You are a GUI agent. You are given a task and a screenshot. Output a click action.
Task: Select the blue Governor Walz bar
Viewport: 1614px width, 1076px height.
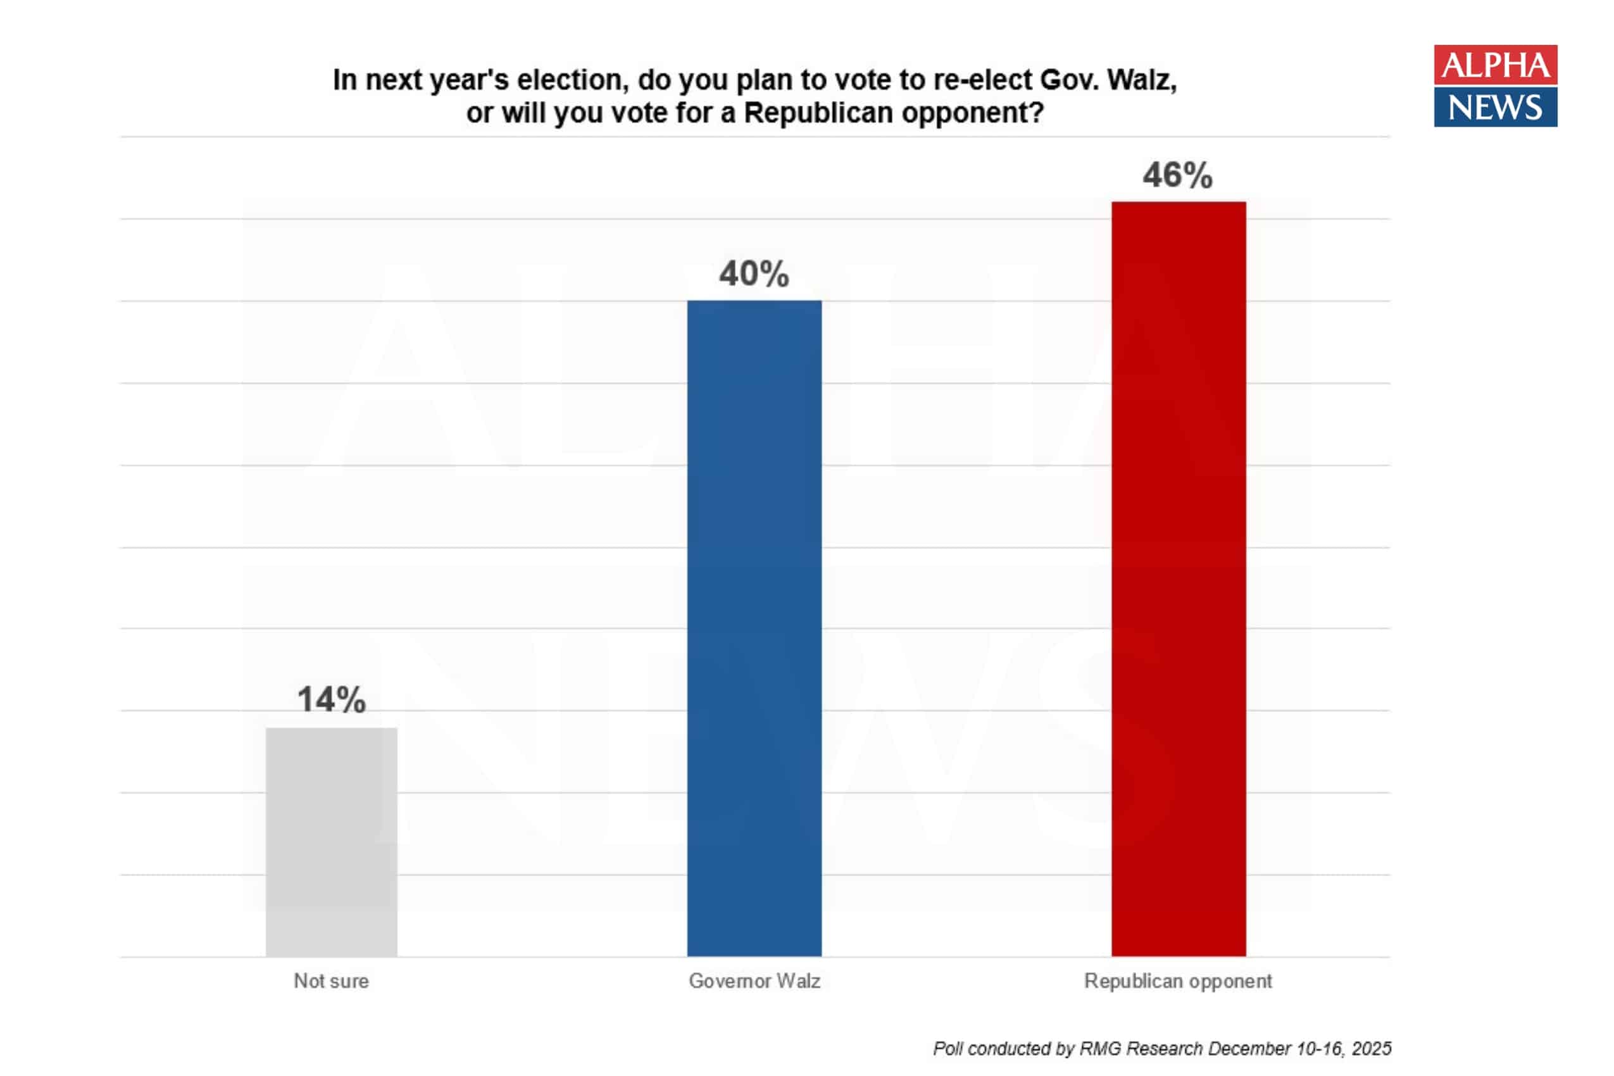point(754,628)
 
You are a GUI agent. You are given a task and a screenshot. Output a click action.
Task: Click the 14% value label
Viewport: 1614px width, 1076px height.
point(332,700)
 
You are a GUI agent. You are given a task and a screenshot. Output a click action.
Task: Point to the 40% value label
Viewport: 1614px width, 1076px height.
point(754,274)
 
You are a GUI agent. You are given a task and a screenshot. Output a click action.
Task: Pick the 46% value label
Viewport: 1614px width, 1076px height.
point(1177,175)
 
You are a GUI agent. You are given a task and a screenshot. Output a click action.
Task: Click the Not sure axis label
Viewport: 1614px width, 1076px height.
point(332,981)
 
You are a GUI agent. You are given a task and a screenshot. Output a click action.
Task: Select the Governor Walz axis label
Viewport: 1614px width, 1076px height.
point(754,981)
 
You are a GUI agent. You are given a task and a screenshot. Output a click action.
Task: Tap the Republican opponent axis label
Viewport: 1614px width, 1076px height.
point(1177,981)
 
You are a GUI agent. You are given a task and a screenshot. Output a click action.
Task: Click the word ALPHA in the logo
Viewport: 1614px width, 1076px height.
point(1495,65)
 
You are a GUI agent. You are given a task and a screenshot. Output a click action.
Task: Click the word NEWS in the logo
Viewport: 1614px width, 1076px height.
point(1495,108)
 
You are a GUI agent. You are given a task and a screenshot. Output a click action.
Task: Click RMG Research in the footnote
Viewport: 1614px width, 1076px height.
point(1141,1049)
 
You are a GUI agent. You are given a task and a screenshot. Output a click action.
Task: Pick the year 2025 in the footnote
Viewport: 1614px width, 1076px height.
point(1371,1049)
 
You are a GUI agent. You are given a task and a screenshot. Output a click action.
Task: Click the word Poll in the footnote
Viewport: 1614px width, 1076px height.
point(948,1049)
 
